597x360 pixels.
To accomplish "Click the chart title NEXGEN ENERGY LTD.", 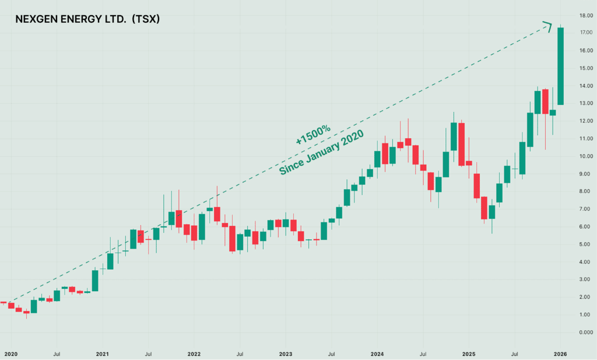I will [x=70, y=19].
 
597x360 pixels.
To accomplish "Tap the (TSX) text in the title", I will [x=145, y=19].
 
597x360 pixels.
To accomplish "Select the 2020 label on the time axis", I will [x=10, y=354].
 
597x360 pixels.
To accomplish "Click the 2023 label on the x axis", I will [x=286, y=354].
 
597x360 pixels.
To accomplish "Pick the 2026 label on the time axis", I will [x=561, y=354].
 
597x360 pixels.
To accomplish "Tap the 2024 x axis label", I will [x=377, y=354].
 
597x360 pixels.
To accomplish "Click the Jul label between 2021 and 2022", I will [x=148, y=354].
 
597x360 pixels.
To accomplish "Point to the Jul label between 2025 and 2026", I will [x=515, y=354].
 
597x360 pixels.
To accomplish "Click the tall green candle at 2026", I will [x=560, y=66].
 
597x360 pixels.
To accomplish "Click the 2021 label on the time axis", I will [x=102, y=354].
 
